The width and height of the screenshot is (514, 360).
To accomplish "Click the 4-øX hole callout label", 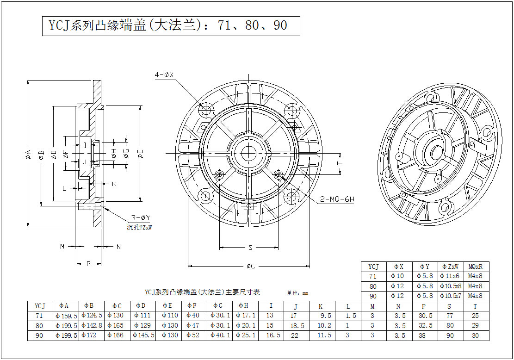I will point(164,74).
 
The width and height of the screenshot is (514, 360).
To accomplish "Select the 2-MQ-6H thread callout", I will point(337,200).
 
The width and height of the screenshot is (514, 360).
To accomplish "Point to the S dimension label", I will point(250,248).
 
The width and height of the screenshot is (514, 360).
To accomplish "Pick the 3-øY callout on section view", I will point(140,218).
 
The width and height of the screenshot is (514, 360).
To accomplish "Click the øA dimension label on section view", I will point(28,155).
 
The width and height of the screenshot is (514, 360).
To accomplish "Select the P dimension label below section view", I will point(88,264).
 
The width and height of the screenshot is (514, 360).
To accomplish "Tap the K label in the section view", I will point(113,184).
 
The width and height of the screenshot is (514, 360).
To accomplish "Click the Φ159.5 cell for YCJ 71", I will point(67,316).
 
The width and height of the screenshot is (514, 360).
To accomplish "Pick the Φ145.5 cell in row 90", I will point(143,335).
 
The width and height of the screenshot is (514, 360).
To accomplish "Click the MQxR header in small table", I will point(476,267).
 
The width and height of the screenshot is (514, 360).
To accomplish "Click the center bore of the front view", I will point(248,152).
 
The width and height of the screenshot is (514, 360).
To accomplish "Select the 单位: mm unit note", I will point(297,293).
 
